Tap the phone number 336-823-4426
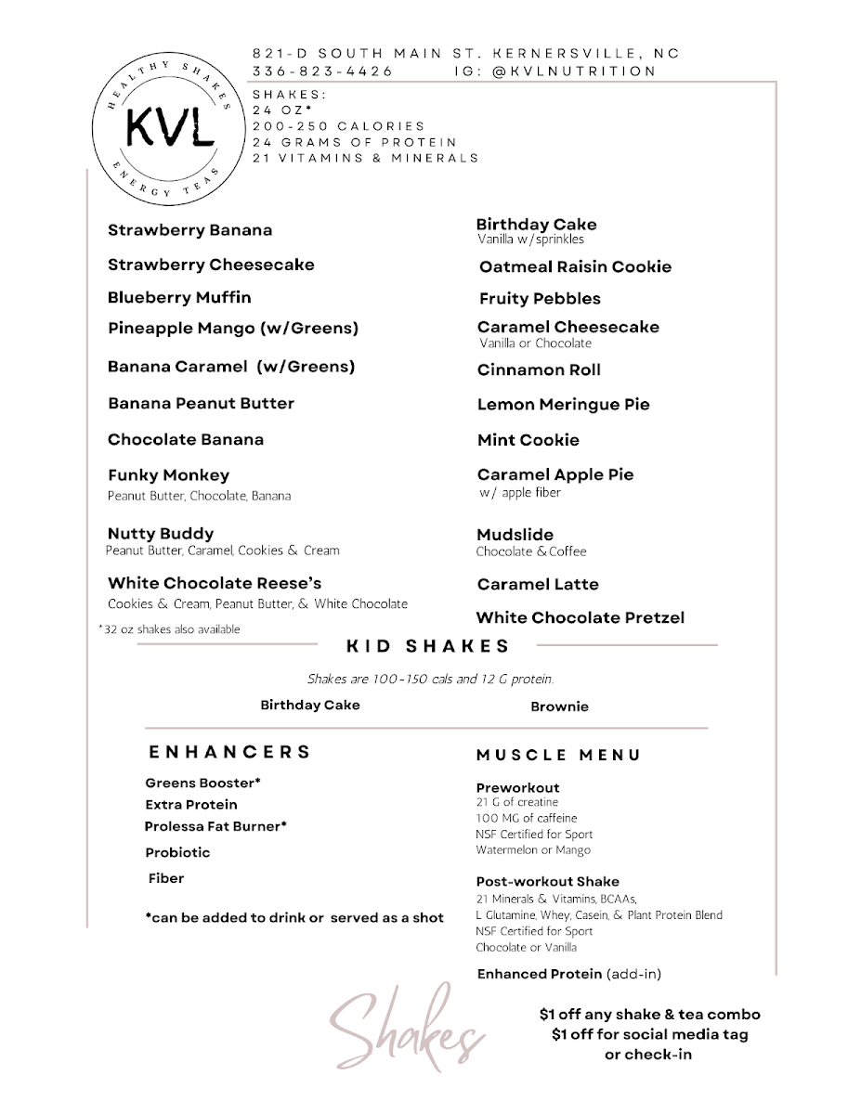tap(322, 71)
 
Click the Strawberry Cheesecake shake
tap(211, 265)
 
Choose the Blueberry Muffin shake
tap(179, 298)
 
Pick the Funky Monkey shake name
tap(168, 475)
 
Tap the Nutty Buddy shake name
tap(161, 534)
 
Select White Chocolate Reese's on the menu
tap(215, 584)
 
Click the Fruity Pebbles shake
tap(540, 299)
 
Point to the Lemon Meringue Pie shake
tap(563, 405)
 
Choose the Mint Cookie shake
tap(528, 440)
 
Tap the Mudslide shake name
tap(515, 535)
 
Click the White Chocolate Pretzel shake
tap(580, 618)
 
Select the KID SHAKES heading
tap(428, 646)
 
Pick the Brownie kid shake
tap(559, 707)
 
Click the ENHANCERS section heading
tap(229, 752)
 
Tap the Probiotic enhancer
tap(177, 852)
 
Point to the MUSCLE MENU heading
tap(558, 756)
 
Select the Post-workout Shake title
tap(547, 882)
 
